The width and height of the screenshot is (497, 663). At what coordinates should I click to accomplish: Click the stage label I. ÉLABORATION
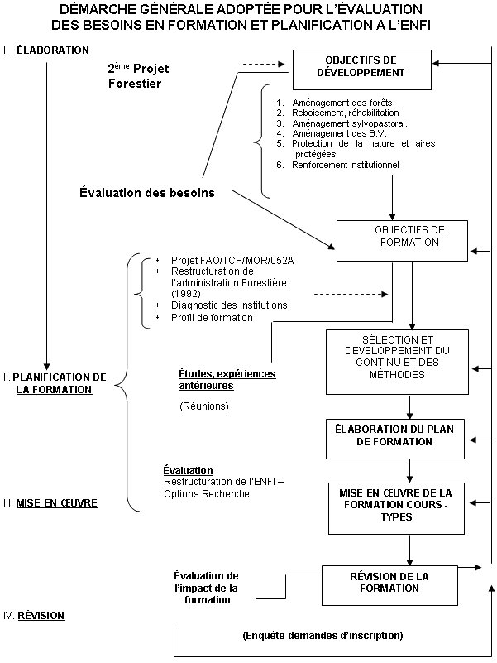tap(52, 50)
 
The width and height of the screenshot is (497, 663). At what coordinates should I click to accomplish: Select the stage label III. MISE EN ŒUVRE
tap(56, 502)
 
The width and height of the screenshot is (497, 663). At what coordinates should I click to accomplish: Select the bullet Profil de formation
tap(212, 318)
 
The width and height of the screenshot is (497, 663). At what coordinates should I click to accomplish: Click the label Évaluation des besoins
tap(147, 192)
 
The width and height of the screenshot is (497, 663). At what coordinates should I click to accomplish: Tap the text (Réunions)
tap(204, 406)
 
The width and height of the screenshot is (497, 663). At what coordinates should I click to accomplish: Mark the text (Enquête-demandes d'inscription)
tap(323, 636)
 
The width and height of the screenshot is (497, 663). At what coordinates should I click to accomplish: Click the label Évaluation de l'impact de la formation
tap(207, 588)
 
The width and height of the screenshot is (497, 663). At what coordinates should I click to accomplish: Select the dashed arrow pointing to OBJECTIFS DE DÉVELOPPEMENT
tap(263, 63)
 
